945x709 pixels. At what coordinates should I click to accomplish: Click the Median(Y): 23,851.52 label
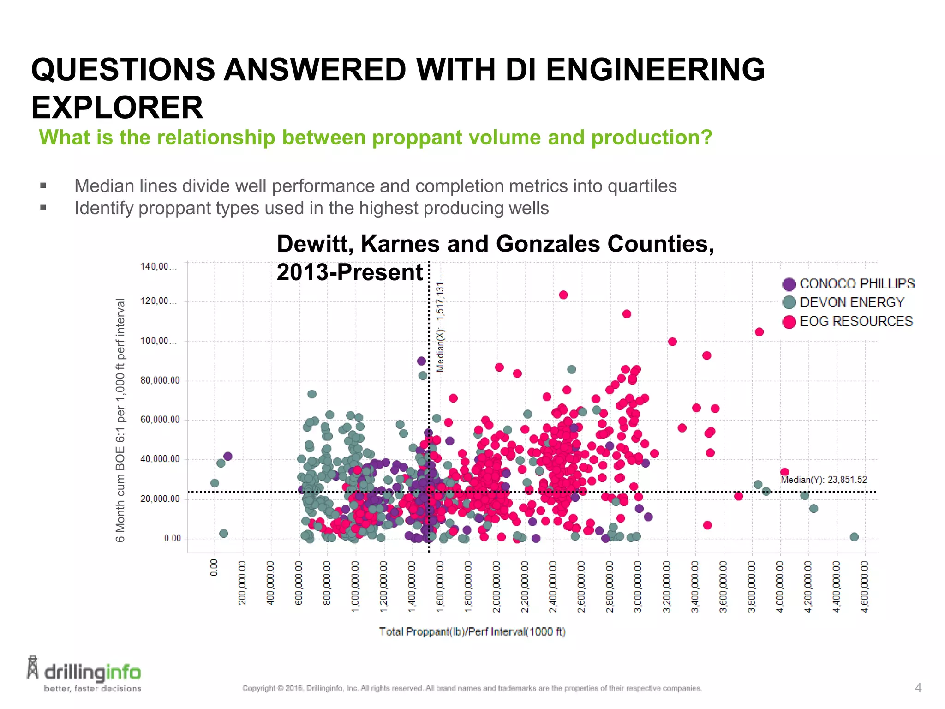coord(824,480)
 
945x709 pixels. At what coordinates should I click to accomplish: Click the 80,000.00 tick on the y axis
coord(160,381)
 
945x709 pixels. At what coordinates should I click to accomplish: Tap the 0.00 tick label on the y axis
coord(173,538)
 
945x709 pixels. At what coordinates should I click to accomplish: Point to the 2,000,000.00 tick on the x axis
coord(496,586)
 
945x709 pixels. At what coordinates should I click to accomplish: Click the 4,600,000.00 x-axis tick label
coord(865,586)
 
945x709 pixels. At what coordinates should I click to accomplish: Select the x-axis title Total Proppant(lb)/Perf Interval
coord(472,631)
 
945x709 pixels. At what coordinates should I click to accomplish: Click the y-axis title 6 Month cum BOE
coord(120,420)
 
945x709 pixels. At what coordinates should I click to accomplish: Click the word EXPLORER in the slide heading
coord(117,108)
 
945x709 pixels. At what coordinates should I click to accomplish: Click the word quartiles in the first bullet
coord(642,186)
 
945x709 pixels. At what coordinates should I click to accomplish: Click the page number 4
coord(918,688)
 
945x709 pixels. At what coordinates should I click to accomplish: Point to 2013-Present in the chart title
coord(349,272)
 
